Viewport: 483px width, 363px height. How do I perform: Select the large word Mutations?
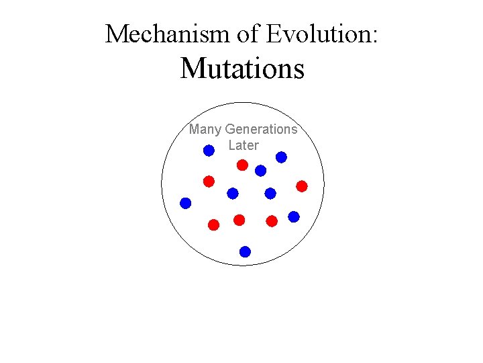point(241,68)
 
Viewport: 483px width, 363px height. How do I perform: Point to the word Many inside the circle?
point(205,129)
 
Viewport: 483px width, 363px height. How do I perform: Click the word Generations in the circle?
point(261,129)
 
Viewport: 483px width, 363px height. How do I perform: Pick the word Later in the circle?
point(243,145)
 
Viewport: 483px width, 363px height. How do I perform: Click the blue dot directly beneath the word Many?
point(209,151)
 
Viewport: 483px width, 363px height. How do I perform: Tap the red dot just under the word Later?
point(242,165)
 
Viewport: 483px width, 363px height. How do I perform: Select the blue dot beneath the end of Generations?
point(281,157)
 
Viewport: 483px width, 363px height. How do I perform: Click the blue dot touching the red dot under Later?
point(260,171)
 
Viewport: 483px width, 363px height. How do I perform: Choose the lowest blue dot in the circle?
point(245,252)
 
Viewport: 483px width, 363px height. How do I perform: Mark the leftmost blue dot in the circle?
point(186,202)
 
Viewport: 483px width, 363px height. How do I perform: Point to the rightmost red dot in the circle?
point(302,186)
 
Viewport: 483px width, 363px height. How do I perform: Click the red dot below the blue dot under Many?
point(209,181)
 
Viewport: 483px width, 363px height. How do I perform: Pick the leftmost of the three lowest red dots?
point(213,225)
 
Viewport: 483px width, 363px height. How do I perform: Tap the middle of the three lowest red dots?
point(239,220)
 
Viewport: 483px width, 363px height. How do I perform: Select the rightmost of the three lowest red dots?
point(272,220)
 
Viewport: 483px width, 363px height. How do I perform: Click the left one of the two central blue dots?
point(232,194)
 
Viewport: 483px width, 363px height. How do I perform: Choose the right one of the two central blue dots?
point(270,194)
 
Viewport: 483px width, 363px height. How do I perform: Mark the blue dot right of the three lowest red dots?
point(294,216)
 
